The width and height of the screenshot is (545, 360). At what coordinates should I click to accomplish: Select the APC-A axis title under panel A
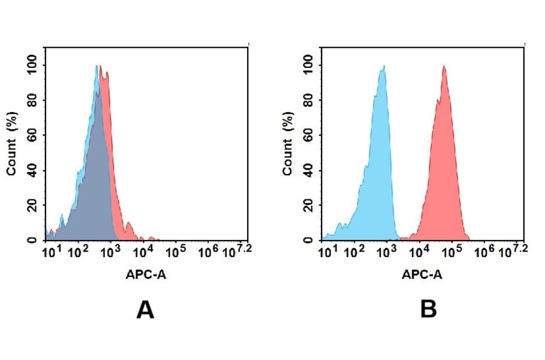tap(147, 274)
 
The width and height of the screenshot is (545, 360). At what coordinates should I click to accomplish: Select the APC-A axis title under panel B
tap(422, 274)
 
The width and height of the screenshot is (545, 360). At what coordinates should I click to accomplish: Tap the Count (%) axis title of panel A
tap(11, 144)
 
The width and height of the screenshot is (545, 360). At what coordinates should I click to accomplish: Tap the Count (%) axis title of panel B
tap(287, 144)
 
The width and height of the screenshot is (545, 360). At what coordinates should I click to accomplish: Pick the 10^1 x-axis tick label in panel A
tap(51, 251)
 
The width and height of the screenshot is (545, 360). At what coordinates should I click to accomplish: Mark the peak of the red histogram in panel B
tap(444, 66)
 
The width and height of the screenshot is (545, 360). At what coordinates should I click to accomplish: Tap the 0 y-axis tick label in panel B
tap(315, 240)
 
